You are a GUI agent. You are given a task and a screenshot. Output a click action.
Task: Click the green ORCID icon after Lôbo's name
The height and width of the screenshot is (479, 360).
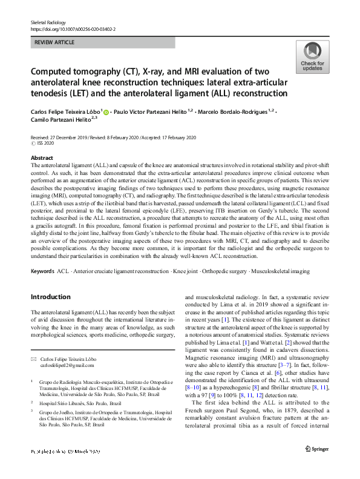(x=107, y=111)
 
